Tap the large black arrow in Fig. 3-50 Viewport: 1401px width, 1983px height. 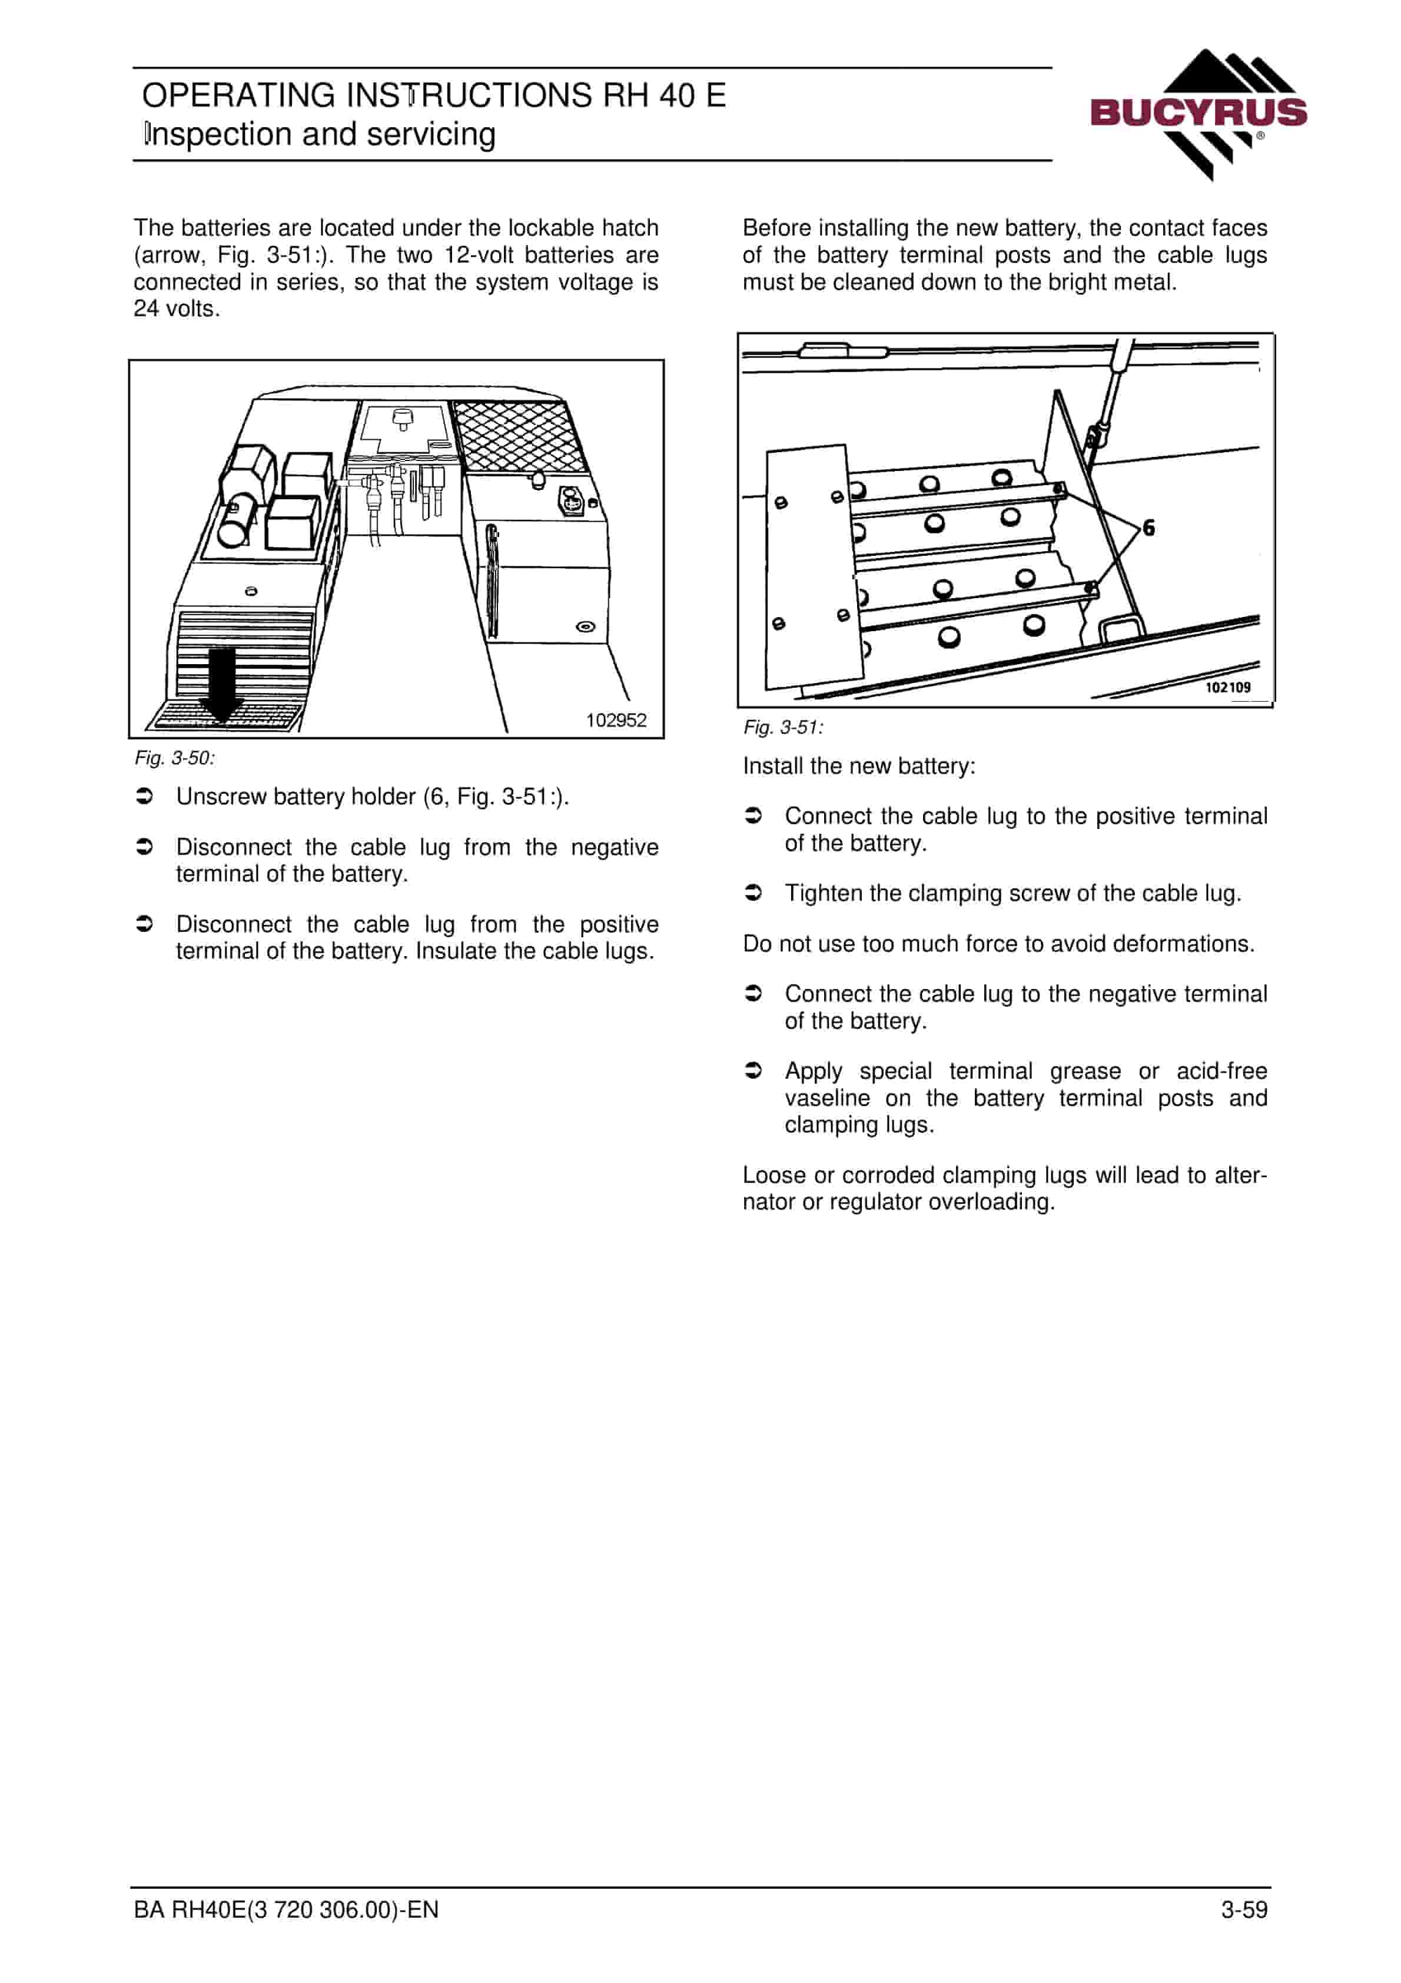click(222, 685)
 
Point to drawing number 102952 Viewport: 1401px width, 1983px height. click(616, 720)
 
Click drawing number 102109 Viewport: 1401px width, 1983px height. click(1227, 688)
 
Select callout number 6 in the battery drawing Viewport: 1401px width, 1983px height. click(1149, 528)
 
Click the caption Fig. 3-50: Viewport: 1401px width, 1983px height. click(174, 758)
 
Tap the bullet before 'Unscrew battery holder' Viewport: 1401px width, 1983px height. click(145, 796)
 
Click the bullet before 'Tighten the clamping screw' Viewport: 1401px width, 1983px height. click(753, 893)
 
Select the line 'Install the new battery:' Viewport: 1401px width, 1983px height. click(859, 766)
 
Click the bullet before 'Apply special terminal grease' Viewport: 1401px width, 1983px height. click(753, 1071)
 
